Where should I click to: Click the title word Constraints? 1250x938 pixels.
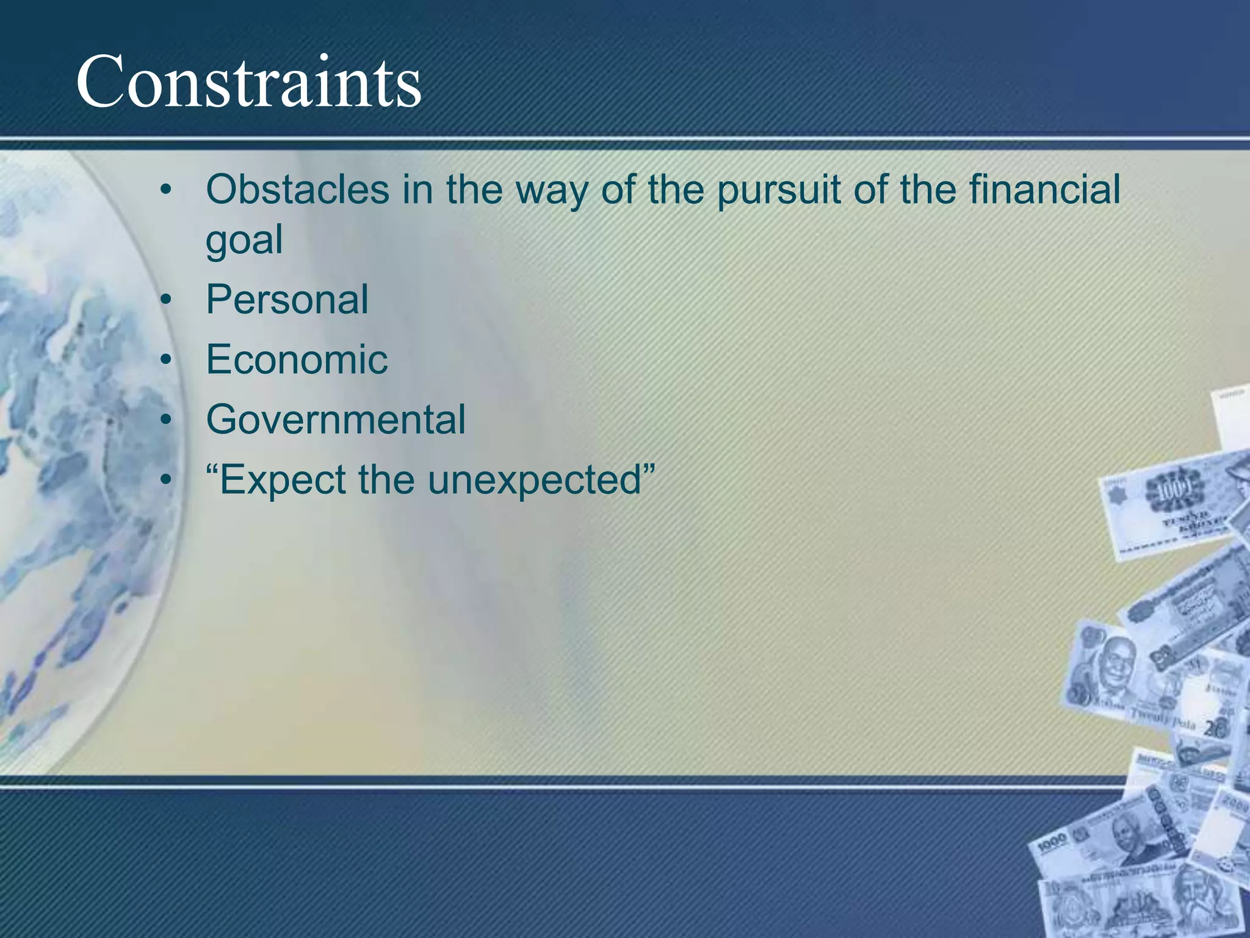tap(248, 82)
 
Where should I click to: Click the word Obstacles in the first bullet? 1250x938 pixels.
tap(297, 189)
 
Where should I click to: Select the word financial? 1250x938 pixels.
tap(1044, 189)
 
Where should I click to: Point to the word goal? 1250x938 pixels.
tap(244, 239)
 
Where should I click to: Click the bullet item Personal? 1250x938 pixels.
tap(287, 300)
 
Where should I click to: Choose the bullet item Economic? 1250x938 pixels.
tap(297, 360)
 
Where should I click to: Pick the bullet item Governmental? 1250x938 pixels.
tap(336, 420)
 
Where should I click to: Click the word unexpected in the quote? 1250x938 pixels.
tap(535, 480)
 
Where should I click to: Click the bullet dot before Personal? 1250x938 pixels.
tap(165, 301)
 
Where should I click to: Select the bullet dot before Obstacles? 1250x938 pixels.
tap(165, 191)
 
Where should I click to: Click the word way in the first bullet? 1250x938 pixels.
tap(553, 191)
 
